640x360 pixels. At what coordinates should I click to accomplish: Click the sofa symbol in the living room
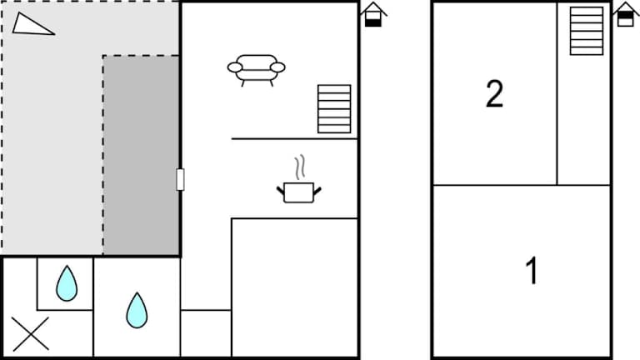tap(257, 70)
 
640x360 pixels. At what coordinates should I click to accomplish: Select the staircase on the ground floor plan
tap(334, 109)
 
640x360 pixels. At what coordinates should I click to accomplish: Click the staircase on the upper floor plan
tap(587, 31)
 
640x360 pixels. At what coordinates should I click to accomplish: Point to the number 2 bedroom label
tap(495, 94)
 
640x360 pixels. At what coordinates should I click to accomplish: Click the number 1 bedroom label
tap(532, 270)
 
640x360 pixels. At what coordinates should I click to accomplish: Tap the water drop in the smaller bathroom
tap(67, 283)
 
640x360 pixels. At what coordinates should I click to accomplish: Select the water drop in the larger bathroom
tap(137, 310)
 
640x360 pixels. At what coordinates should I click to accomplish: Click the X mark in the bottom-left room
tap(31, 334)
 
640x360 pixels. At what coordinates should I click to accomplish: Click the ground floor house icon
tap(373, 15)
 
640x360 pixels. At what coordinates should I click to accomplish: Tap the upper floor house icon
tap(626, 15)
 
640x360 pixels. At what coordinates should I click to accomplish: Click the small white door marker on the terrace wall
tap(180, 180)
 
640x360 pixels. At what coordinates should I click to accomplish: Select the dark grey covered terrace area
tap(141, 155)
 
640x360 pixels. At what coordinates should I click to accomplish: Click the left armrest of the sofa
tap(235, 67)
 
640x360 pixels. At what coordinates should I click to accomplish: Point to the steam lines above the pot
tap(300, 167)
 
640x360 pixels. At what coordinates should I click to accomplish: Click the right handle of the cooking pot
tap(317, 191)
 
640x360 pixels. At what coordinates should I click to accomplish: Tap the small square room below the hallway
tap(206, 333)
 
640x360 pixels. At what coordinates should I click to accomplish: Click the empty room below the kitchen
tap(294, 287)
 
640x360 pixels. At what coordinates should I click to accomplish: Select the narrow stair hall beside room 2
tap(583, 118)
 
